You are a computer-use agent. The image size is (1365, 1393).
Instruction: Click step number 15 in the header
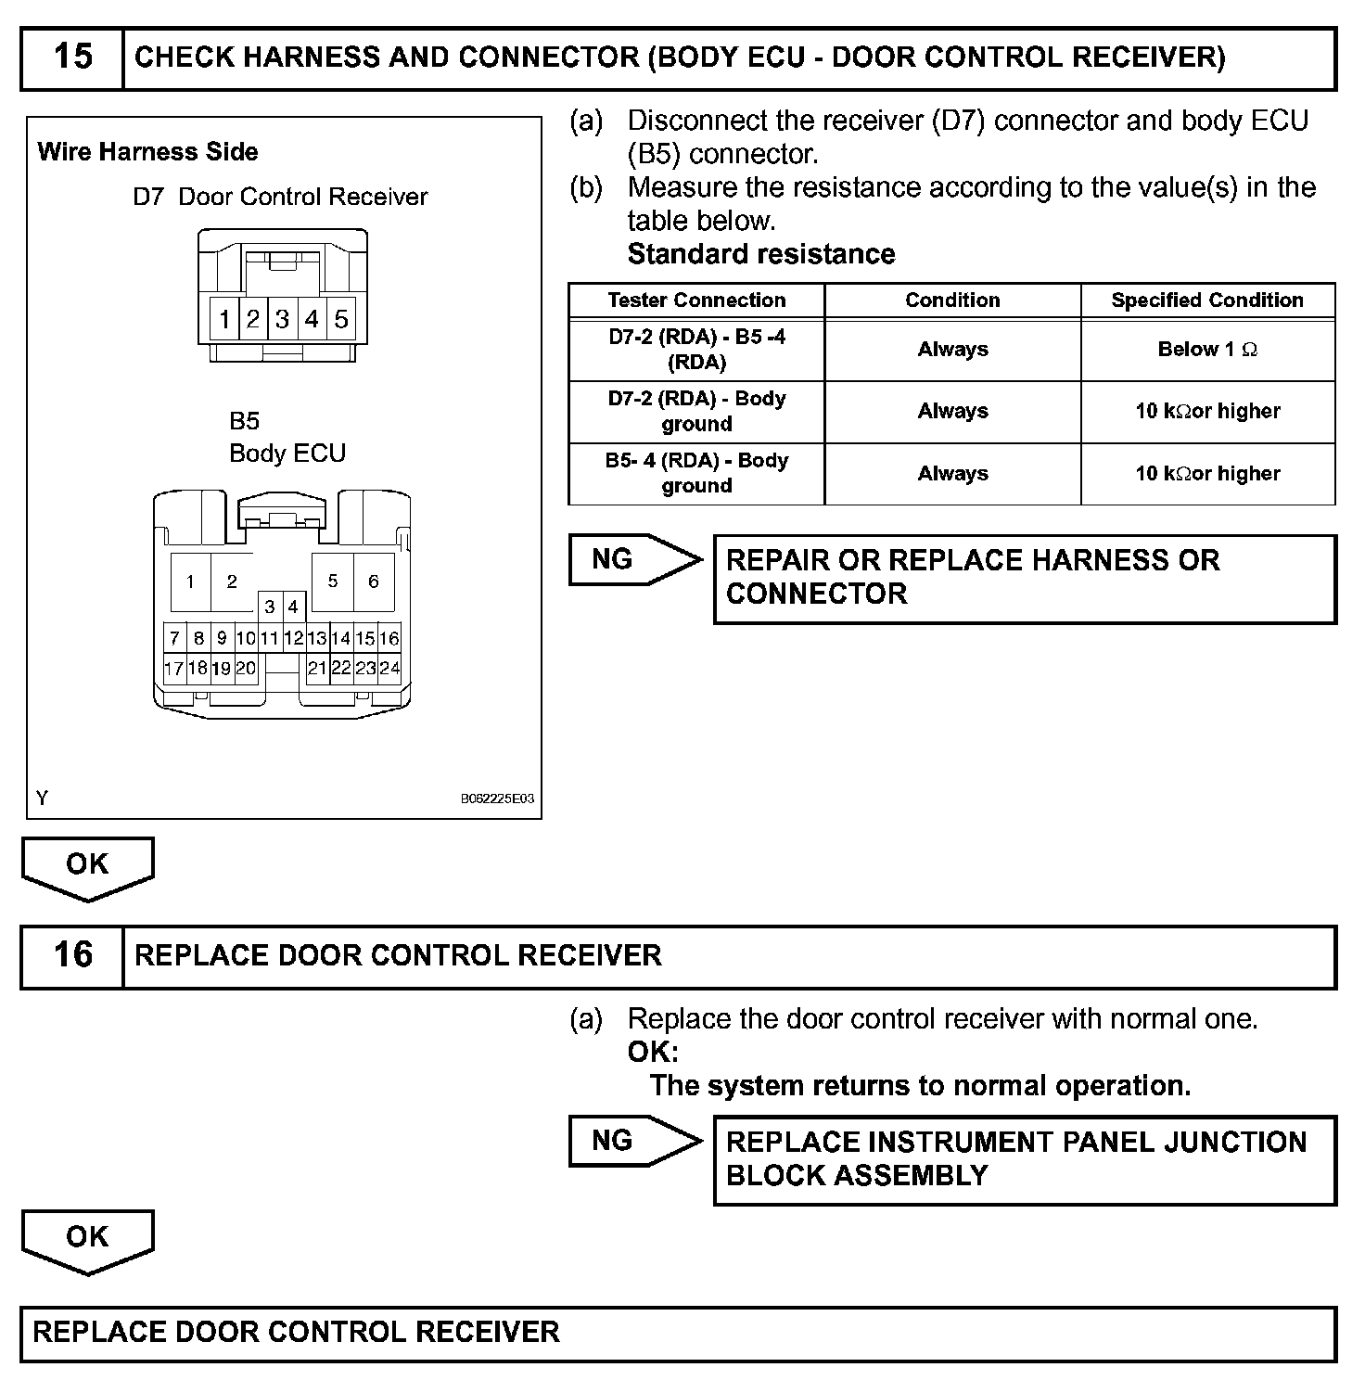(x=72, y=58)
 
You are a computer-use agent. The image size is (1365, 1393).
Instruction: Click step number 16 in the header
(x=72, y=955)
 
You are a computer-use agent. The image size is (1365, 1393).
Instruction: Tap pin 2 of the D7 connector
(x=252, y=319)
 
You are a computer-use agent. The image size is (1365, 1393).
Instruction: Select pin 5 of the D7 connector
(x=340, y=319)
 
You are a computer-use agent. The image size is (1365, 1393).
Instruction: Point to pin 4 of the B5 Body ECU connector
(x=293, y=607)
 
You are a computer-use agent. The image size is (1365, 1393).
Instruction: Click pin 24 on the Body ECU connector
(x=389, y=668)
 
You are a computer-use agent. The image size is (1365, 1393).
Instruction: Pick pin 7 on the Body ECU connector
(x=174, y=638)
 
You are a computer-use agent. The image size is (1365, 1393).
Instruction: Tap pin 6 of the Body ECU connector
(x=373, y=581)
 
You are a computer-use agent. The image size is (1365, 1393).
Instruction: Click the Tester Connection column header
(x=696, y=300)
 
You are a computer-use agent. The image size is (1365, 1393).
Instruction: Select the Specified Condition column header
(x=1207, y=300)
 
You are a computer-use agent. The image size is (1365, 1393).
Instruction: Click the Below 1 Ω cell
(x=1207, y=350)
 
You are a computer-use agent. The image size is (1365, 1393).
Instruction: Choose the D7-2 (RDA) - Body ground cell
(x=696, y=411)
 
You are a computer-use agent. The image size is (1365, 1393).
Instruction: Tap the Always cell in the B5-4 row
(x=952, y=473)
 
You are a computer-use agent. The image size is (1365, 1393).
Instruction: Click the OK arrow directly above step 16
(x=87, y=866)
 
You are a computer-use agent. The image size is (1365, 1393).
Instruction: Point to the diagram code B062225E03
(x=497, y=799)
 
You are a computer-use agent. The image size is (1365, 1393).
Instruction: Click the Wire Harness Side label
(x=147, y=152)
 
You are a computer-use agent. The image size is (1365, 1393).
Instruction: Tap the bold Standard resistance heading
(x=760, y=254)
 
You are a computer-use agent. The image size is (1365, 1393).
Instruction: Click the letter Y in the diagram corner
(x=43, y=798)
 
